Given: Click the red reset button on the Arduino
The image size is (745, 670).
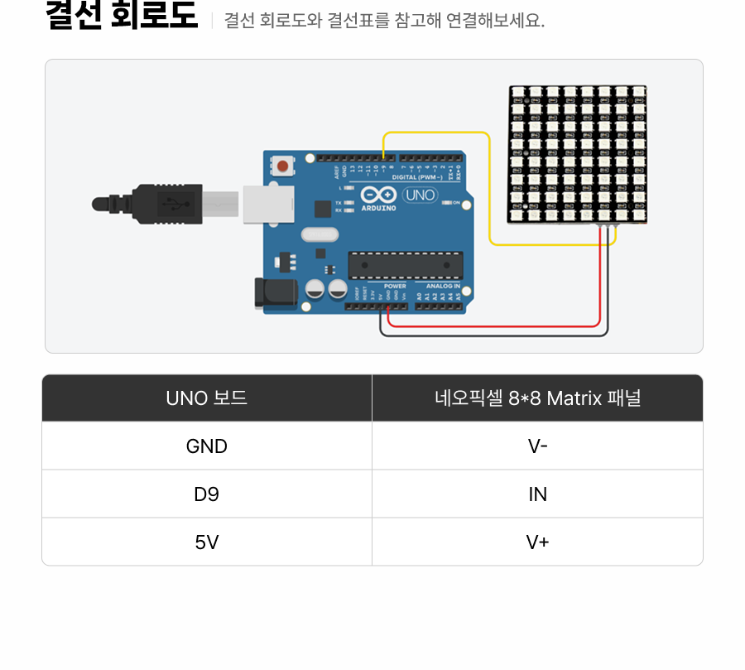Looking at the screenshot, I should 283,166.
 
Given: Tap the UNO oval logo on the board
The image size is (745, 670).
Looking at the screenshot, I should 419,195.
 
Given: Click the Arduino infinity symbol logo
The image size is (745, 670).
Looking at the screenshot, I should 378,195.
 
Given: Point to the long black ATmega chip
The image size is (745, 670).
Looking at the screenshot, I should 405,265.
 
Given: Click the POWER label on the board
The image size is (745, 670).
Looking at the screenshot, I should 395,286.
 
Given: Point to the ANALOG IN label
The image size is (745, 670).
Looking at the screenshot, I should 443,286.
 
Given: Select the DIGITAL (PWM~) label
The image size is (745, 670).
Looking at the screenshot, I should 416,177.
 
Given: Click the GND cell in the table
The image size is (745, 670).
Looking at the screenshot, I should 207,446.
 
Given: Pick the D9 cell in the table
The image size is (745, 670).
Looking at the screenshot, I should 207,494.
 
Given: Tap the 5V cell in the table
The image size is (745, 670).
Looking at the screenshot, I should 207,542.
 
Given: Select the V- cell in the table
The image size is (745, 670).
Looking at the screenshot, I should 537,446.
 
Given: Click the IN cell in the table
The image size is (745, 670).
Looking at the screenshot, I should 537,494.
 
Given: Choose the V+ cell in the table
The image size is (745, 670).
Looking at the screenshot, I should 537,542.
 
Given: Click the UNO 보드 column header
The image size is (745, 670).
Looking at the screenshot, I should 207,398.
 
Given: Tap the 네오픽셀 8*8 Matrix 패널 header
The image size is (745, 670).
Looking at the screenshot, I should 537,398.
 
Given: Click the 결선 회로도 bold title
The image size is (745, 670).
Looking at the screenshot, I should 122,17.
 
